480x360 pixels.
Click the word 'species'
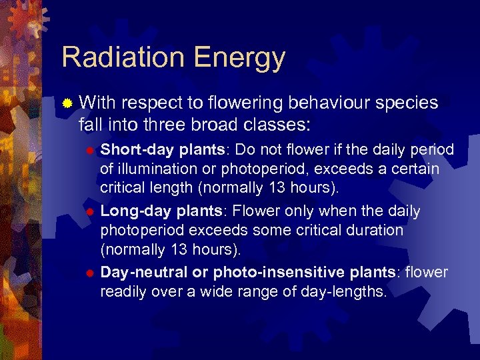click(x=407, y=104)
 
